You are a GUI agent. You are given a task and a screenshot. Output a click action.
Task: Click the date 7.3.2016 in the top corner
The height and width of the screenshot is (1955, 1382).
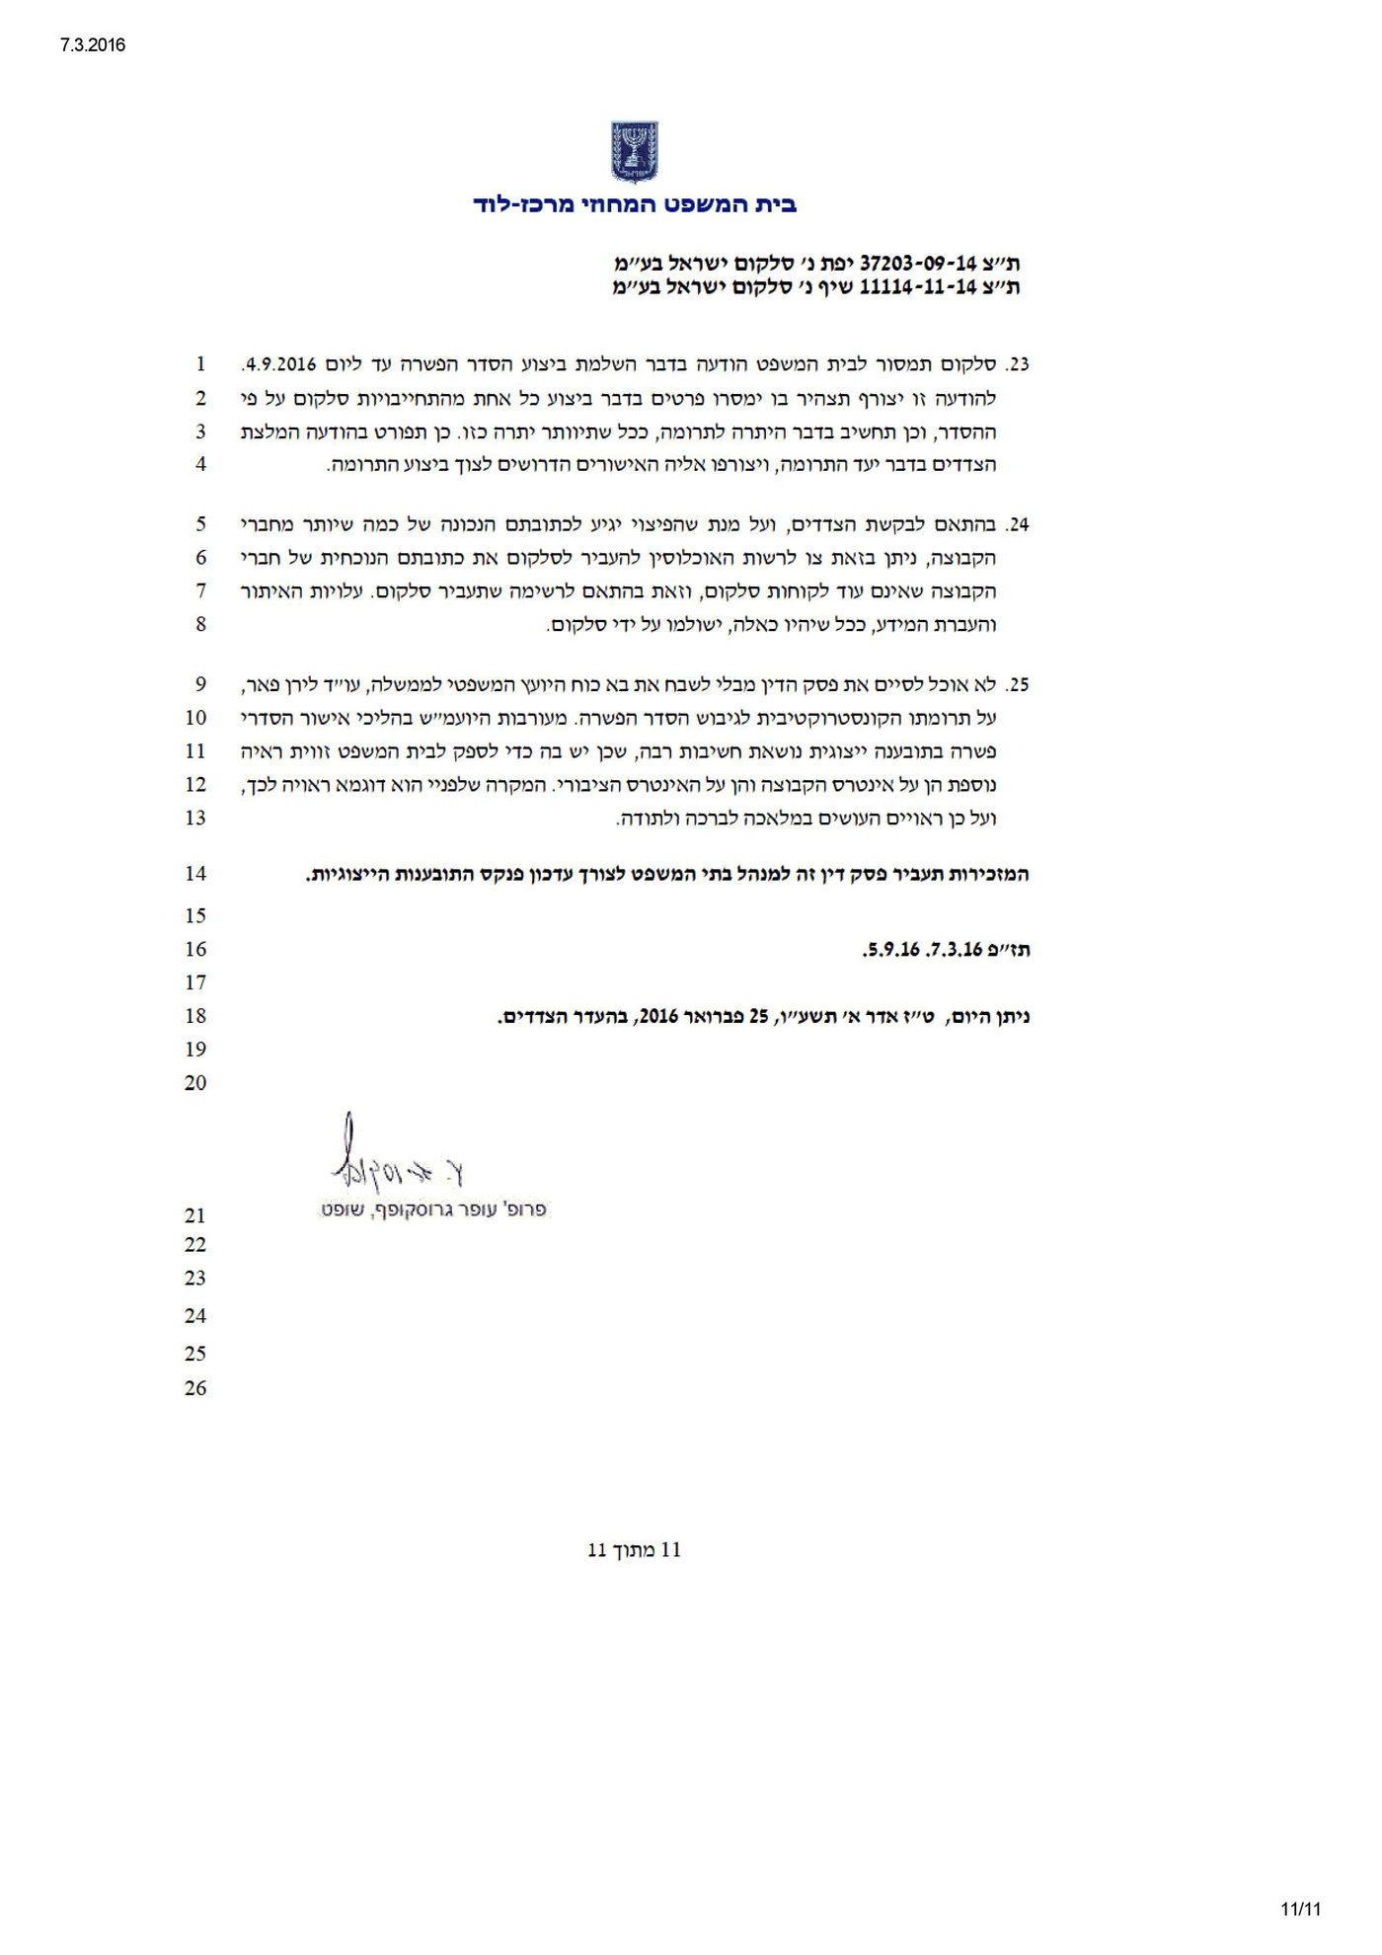point(93,45)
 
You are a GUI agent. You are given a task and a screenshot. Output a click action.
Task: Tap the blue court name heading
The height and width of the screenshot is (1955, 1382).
point(635,205)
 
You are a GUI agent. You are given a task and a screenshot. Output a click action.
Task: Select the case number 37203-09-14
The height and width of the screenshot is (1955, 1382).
point(917,264)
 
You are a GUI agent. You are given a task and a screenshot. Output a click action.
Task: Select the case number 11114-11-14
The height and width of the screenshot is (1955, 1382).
point(917,287)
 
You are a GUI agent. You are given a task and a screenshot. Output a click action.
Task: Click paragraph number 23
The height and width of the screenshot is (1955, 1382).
point(1017,364)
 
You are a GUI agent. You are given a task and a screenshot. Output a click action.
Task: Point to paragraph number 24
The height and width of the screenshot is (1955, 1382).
point(1017,524)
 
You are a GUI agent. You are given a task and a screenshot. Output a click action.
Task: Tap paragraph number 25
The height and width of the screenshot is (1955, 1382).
point(1017,684)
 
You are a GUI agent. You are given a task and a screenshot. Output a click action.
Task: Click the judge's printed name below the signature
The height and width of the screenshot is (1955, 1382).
point(433,1211)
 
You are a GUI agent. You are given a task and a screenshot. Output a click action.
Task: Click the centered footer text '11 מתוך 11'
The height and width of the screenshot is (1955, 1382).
point(634,1550)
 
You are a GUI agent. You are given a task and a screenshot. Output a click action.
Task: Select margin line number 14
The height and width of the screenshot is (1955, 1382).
point(195,873)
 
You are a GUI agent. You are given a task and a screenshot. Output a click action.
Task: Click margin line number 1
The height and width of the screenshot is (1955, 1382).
point(200,363)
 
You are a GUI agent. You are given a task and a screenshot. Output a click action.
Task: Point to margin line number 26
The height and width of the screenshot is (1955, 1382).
point(195,1387)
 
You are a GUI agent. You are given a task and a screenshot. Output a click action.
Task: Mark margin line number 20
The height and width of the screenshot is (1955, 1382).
point(195,1082)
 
